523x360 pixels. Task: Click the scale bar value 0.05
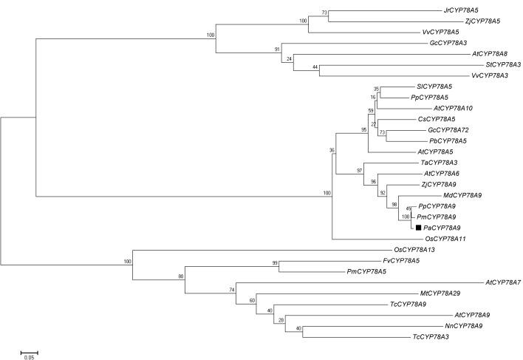[x=29, y=356]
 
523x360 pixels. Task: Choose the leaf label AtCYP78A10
[x=433, y=108]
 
